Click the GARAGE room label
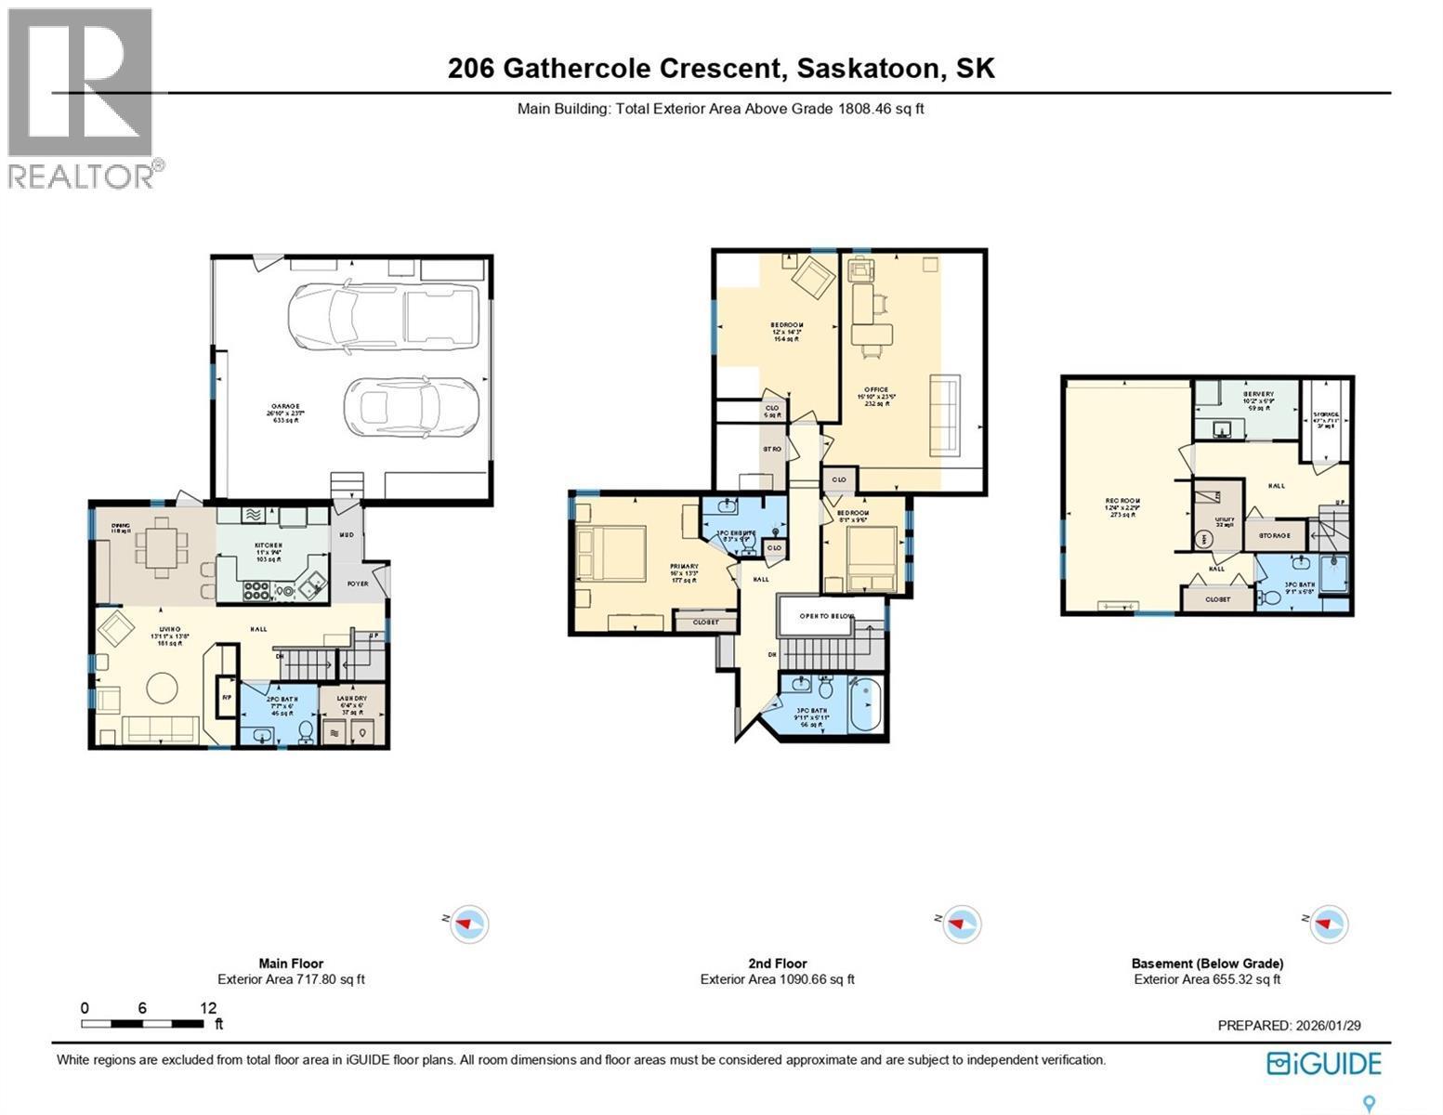coord(285,406)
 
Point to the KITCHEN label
coord(269,545)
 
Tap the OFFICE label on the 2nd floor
coord(875,390)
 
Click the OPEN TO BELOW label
coord(816,615)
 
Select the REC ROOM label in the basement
coord(1122,502)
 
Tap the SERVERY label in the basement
coord(1259,394)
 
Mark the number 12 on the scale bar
coord(208,1007)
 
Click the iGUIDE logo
coord(1324,1063)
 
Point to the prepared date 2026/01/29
coord(1326,1026)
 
